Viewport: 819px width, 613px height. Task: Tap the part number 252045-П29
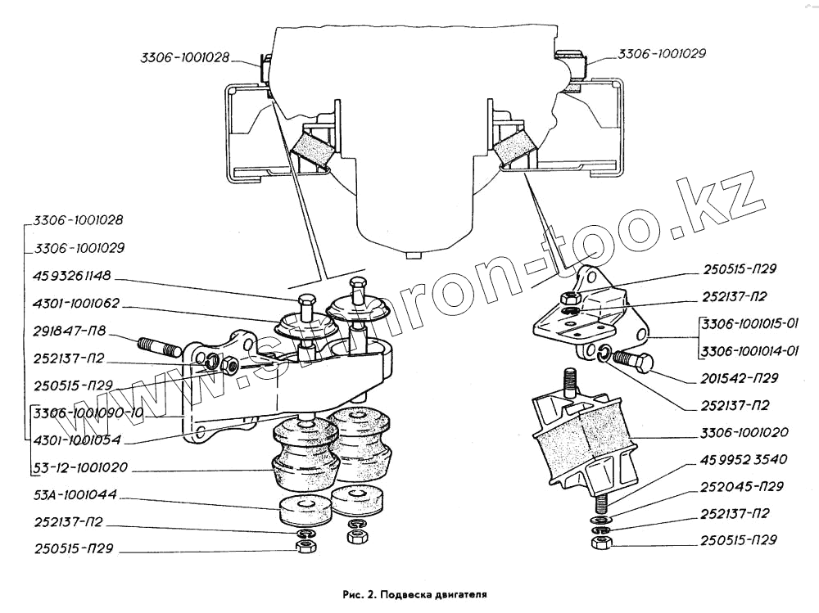point(743,486)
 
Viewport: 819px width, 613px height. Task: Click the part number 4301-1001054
point(78,440)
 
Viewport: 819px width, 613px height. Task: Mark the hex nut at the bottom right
point(598,543)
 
